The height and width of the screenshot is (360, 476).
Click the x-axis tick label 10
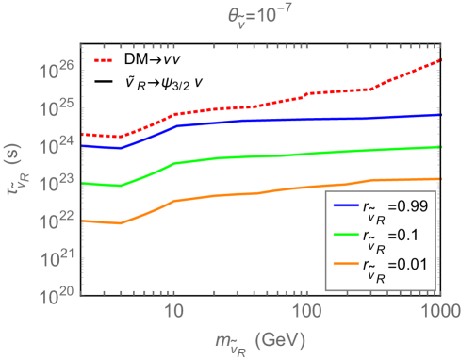pos(173,311)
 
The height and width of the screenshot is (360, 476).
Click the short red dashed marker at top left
pos(103,61)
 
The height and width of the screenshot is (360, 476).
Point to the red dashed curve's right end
pos(441,60)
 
